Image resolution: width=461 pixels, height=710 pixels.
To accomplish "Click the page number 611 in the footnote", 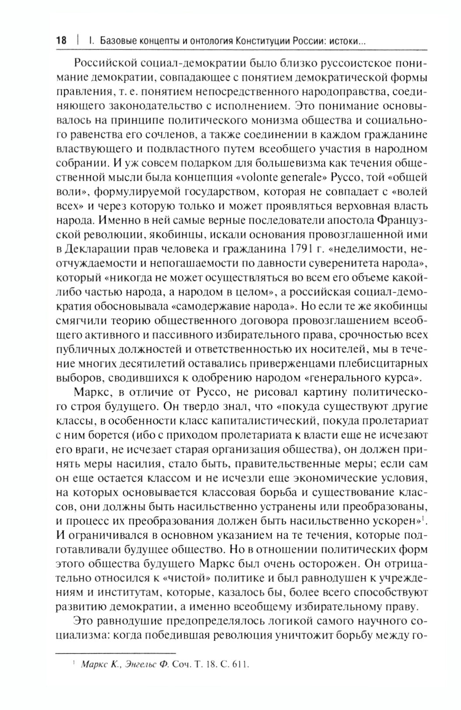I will click(x=241, y=664).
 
